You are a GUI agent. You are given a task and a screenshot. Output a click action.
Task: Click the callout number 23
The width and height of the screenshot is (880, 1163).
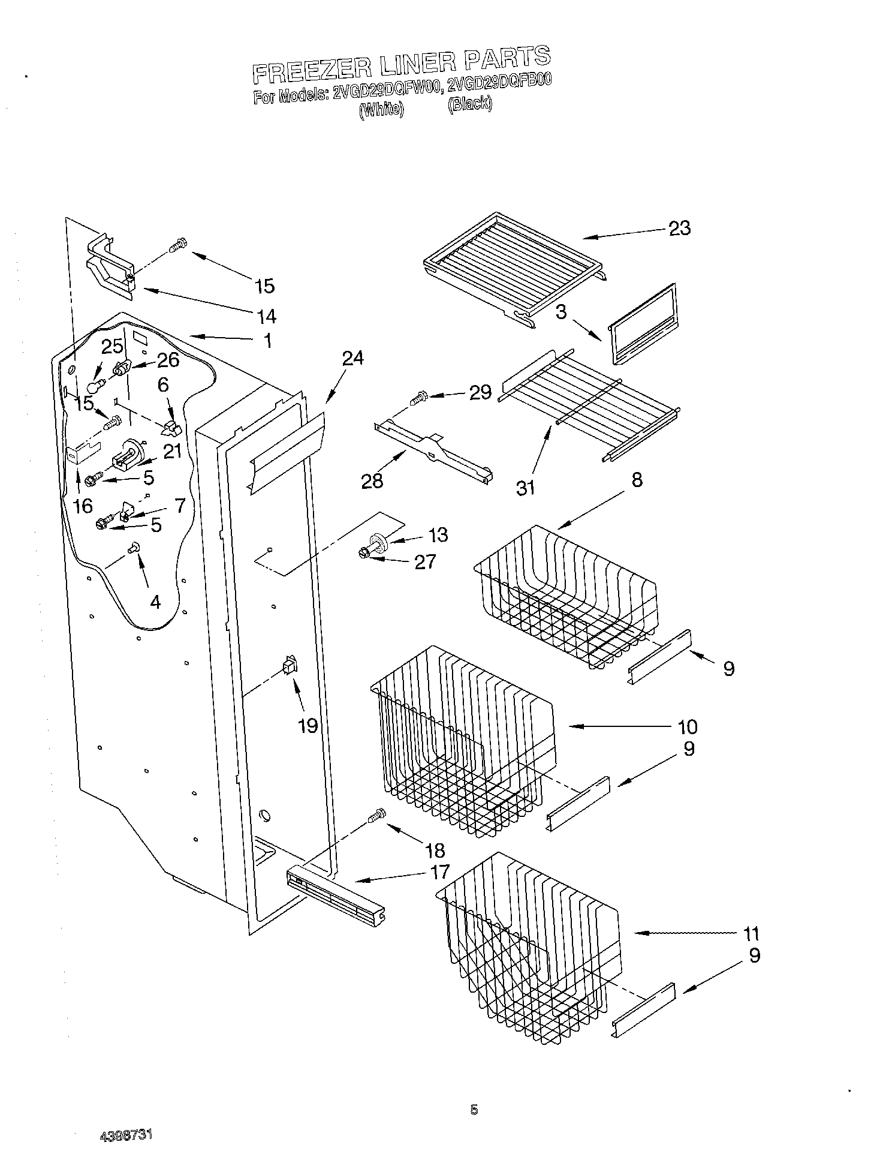click(x=679, y=228)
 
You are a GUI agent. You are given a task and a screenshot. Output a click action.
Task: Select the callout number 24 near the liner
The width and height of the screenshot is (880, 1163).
click(x=353, y=358)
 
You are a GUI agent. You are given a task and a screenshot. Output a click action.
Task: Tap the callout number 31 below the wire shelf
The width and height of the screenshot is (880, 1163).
click(x=525, y=488)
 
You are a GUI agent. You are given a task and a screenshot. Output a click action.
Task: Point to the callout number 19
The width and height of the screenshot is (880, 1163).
click(x=308, y=726)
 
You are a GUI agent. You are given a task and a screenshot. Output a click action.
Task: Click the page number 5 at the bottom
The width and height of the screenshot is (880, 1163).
click(x=474, y=1110)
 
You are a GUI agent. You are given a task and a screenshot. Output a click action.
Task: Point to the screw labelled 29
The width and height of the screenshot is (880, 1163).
click(x=418, y=396)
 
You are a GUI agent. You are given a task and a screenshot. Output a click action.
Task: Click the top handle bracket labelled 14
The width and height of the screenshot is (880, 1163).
click(x=110, y=268)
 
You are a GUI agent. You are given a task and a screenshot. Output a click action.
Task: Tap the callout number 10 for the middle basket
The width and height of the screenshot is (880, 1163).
click(x=688, y=726)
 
